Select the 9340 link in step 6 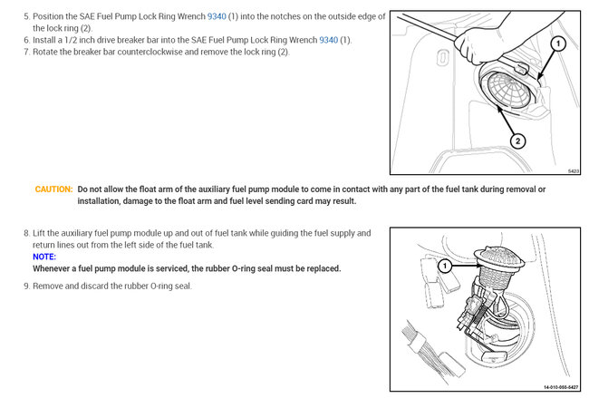pos(329,40)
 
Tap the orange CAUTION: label pos(53,189)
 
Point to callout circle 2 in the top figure pos(517,141)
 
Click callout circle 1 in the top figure pos(558,43)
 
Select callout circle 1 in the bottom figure pos(445,266)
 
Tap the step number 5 pos(25,16)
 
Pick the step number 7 pos(25,52)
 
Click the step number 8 pos(25,234)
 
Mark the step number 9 pos(25,286)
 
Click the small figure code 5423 pos(575,170)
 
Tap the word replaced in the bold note pos(319,268)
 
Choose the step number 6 pos(25,40)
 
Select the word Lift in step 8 pos(41,234)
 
